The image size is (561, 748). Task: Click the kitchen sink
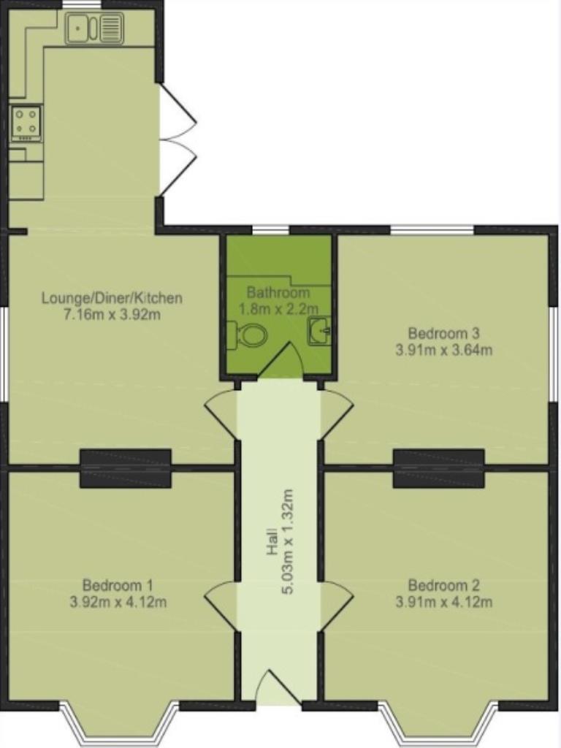94,28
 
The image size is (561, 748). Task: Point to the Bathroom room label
278,292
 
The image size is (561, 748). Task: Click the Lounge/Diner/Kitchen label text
112,298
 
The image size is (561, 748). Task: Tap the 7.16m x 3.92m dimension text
112,315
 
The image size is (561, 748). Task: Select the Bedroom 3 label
443,332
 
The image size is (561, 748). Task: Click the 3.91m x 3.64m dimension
443,350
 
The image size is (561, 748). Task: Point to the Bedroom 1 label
118,584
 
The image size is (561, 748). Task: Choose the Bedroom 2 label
443,584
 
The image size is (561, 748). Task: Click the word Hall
272,541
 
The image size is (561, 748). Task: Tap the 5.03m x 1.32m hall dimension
288,541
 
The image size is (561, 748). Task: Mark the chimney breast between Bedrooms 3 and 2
439,468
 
